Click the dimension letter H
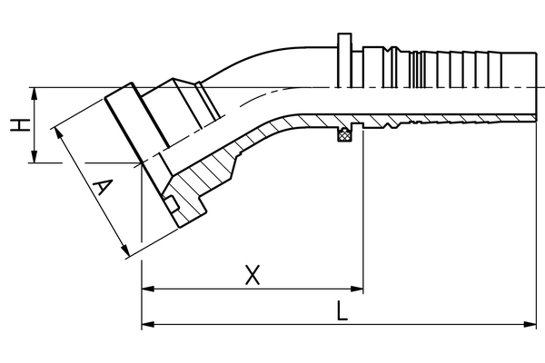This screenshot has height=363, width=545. pos(15,126)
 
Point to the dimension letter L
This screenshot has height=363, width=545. pos(341,311)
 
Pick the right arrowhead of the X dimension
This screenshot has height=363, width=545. pos(359,290)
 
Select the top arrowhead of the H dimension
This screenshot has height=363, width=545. pos(34,92)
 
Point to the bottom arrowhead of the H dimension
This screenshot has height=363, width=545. pos(34,159)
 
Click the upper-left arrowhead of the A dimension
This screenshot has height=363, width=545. pos(61,132)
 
